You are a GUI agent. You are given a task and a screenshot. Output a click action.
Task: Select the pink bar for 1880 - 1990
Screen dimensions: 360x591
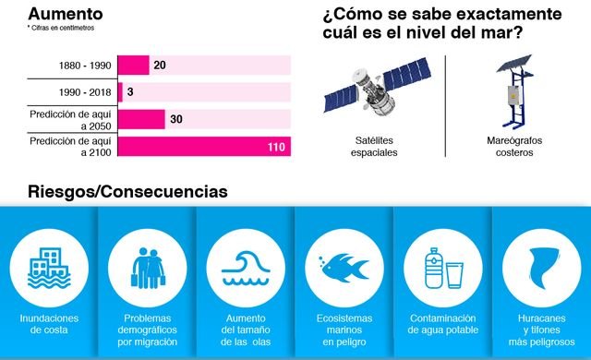(134, 65)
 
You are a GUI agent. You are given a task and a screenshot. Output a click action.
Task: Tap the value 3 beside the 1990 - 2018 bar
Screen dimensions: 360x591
(130, 92)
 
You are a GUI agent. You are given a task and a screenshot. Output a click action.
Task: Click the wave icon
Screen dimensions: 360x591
(246, 266)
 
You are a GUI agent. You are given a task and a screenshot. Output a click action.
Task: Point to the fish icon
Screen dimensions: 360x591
(344, 267)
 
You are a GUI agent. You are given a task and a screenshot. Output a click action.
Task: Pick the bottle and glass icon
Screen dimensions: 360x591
(442, 267)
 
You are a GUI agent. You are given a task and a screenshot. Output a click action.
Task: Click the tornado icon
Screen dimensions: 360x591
(542, 266)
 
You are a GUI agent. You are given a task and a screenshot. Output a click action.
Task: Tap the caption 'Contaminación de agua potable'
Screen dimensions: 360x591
(442, 324)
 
